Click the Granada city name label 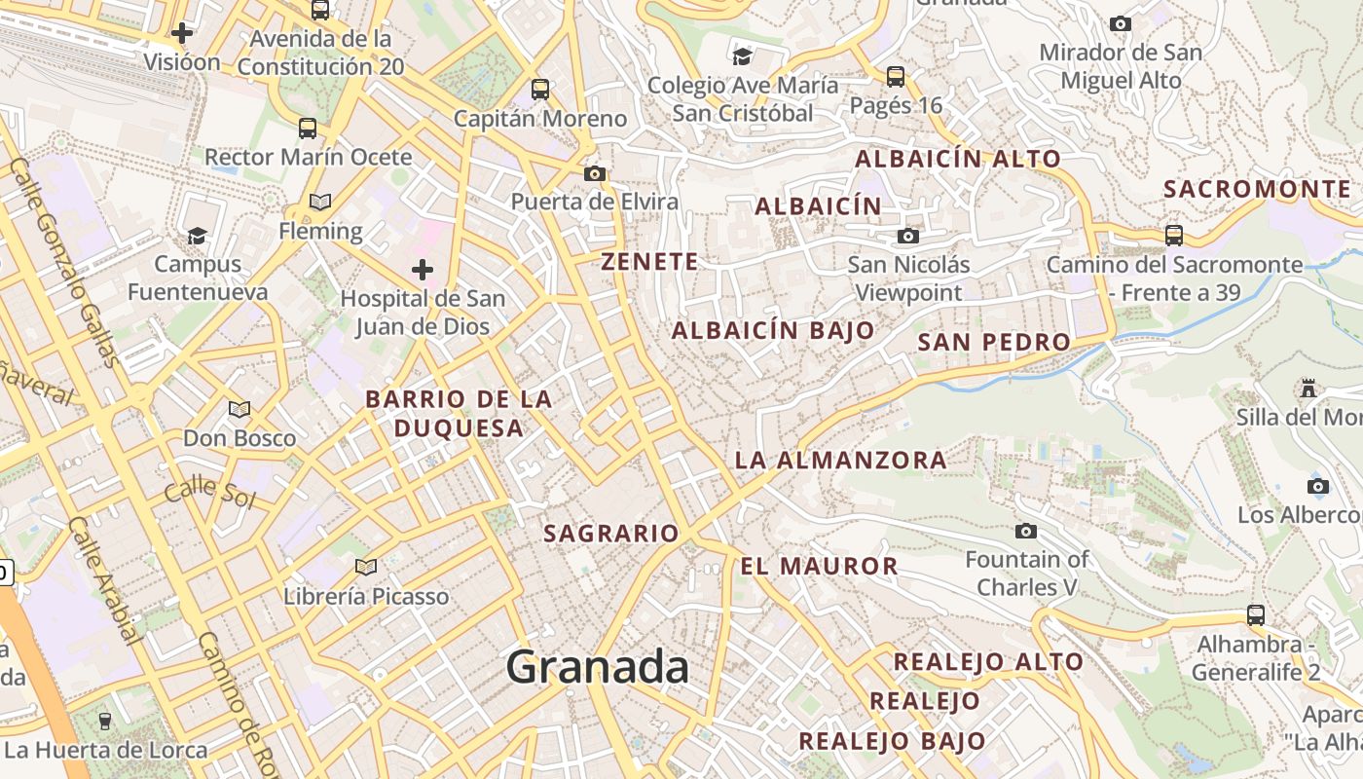point(597,668)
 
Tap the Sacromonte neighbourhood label point(1257,189)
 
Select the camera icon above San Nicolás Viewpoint point(907,236)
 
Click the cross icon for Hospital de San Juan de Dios point(422,269)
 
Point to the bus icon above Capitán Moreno point(540,90)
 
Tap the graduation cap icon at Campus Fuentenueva point(198,236)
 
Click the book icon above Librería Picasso point(366,567)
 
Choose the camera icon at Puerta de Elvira point(595,174)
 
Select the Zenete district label point(649,261)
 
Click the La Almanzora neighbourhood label point(840,460)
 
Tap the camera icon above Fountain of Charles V point(1025,531)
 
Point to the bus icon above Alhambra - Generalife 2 point(1256,615)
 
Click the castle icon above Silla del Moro point(1308,389)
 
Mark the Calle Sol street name point(208,494)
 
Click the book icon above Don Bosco point(239,409)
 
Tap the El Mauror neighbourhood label point(819,566)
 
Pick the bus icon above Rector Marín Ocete point(308,128)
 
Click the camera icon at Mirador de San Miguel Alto point(1121,23)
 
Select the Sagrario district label point(610,533)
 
